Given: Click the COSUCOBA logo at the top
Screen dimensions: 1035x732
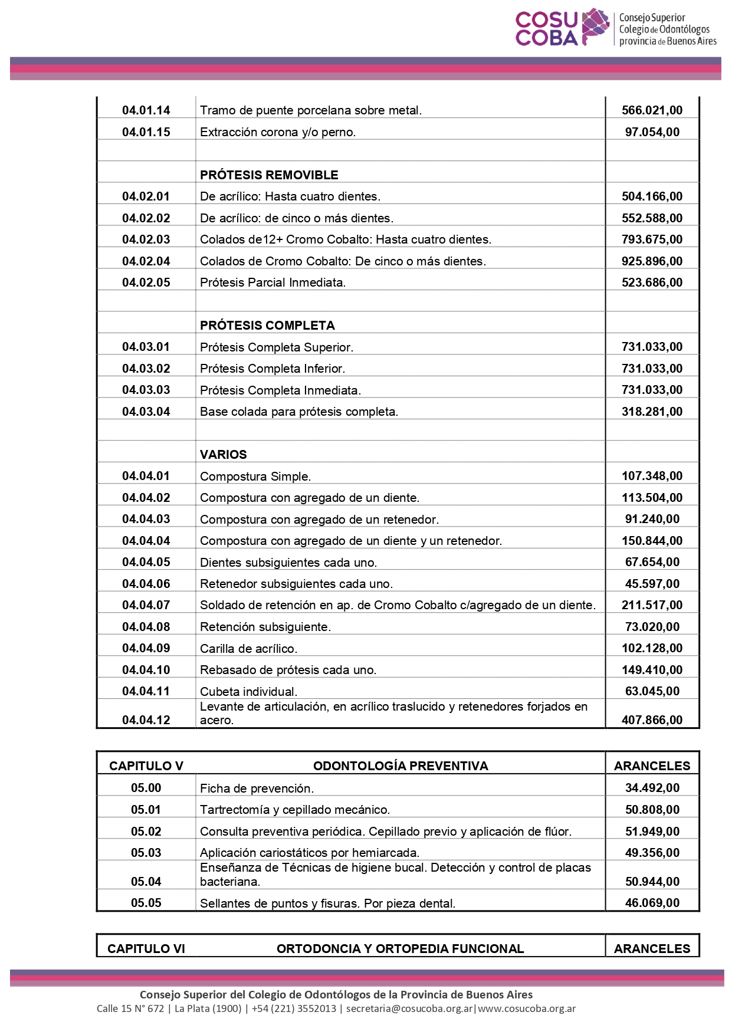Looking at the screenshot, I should (x=615, y=28).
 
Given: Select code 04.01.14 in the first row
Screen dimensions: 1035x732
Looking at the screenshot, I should (x=146, y=110).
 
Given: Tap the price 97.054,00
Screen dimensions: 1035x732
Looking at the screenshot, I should (x=652, y=132).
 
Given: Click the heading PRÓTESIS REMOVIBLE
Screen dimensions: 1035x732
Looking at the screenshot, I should (x=269, y=175).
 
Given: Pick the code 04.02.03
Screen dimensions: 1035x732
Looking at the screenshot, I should (x=146, y=239).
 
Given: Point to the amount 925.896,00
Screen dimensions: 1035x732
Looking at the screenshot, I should (x=652, y=261).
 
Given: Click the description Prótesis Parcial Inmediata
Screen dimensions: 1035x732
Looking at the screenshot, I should (x=273, y=282).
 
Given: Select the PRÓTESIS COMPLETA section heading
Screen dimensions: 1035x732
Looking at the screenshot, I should (x=267, y=326).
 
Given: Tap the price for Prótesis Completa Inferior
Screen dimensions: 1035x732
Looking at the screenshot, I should (x=652, y=369).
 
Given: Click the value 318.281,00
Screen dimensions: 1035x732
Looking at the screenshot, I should (x=652, y=412).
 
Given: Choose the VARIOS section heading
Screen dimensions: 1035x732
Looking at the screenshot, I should (x=223, y=455).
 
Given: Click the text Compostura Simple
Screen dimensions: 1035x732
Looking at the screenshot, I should (x=255, y=477).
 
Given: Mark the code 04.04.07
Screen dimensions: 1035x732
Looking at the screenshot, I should (x=146, y=605).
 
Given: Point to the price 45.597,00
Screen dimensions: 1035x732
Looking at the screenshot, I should (x=652, y=584).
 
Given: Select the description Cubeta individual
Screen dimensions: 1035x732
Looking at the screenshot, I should (x=248, y=692).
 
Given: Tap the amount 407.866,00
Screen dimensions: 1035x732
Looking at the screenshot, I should (x=652, y=720).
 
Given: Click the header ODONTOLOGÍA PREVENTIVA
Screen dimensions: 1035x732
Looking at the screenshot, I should (x=401, y=766).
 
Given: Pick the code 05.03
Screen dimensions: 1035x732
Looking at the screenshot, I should (x=146, y=853).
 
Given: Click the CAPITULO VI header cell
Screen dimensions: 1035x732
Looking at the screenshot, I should (x=146, y=949).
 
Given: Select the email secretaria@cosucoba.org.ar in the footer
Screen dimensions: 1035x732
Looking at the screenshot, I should (x=409, y=1008).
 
